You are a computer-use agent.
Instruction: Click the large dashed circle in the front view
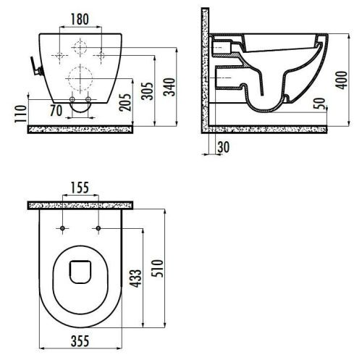[x=82, y=74]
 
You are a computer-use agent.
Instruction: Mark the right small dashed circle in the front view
[x=101, y=49]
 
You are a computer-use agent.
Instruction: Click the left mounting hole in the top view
[x=63, y=230]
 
